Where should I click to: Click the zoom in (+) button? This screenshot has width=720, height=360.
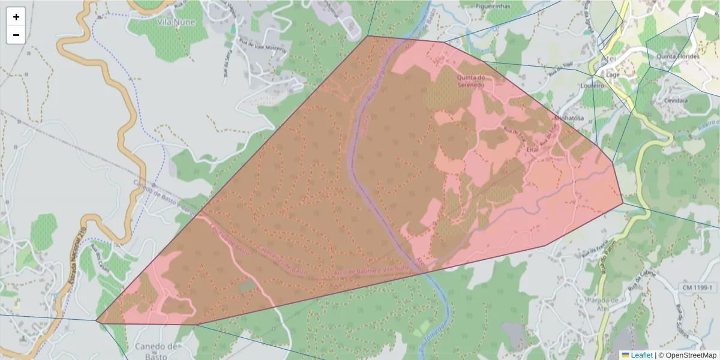pos(16,17)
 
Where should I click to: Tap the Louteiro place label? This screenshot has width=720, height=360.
pos(592,86)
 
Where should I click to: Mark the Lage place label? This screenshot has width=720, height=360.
pos(613,75)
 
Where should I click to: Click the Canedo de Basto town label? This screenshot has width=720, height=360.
pos(156,351)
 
